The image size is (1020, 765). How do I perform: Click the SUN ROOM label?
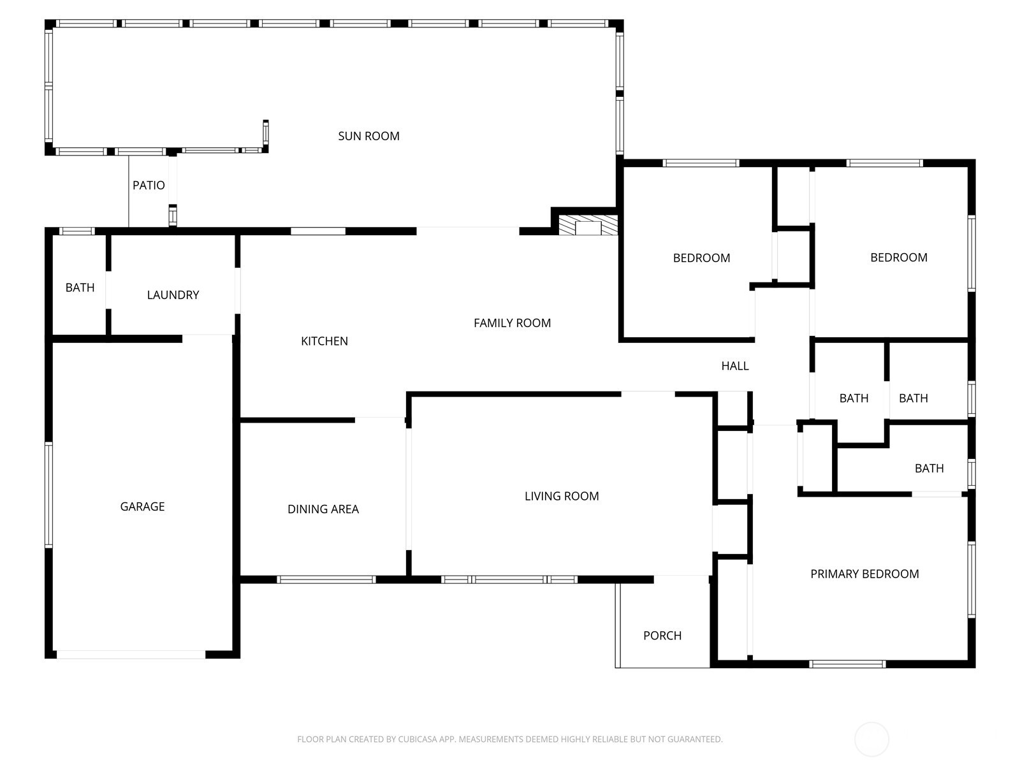click(368, 136)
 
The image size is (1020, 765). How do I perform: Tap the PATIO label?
click(149, 186)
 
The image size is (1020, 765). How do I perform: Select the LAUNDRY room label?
click(173, 295)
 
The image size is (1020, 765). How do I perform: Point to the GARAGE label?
click(142, 506)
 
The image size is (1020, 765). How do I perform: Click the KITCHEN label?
click(324, 341)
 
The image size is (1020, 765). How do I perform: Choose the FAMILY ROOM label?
click(512, 323)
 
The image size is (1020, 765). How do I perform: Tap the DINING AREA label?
click(323, 509)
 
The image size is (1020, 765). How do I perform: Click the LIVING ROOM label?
click(562, 496)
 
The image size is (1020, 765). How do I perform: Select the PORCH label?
click(662, 636)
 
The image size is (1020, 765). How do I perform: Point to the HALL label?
click(734, 366)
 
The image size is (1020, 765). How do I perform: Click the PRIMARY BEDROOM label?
click(864, 574)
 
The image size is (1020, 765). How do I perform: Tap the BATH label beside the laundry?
click(80, 288)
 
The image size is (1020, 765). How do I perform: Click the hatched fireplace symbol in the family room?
click(588, 225)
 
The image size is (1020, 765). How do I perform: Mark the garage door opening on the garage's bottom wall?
click(131, 655)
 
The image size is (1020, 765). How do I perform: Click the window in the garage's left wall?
click(48, 495)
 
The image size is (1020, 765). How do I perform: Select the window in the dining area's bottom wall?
click(326, 579)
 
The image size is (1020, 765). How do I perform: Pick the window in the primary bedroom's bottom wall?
click(848, 664)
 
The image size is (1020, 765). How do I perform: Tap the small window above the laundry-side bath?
click(77, 231)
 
